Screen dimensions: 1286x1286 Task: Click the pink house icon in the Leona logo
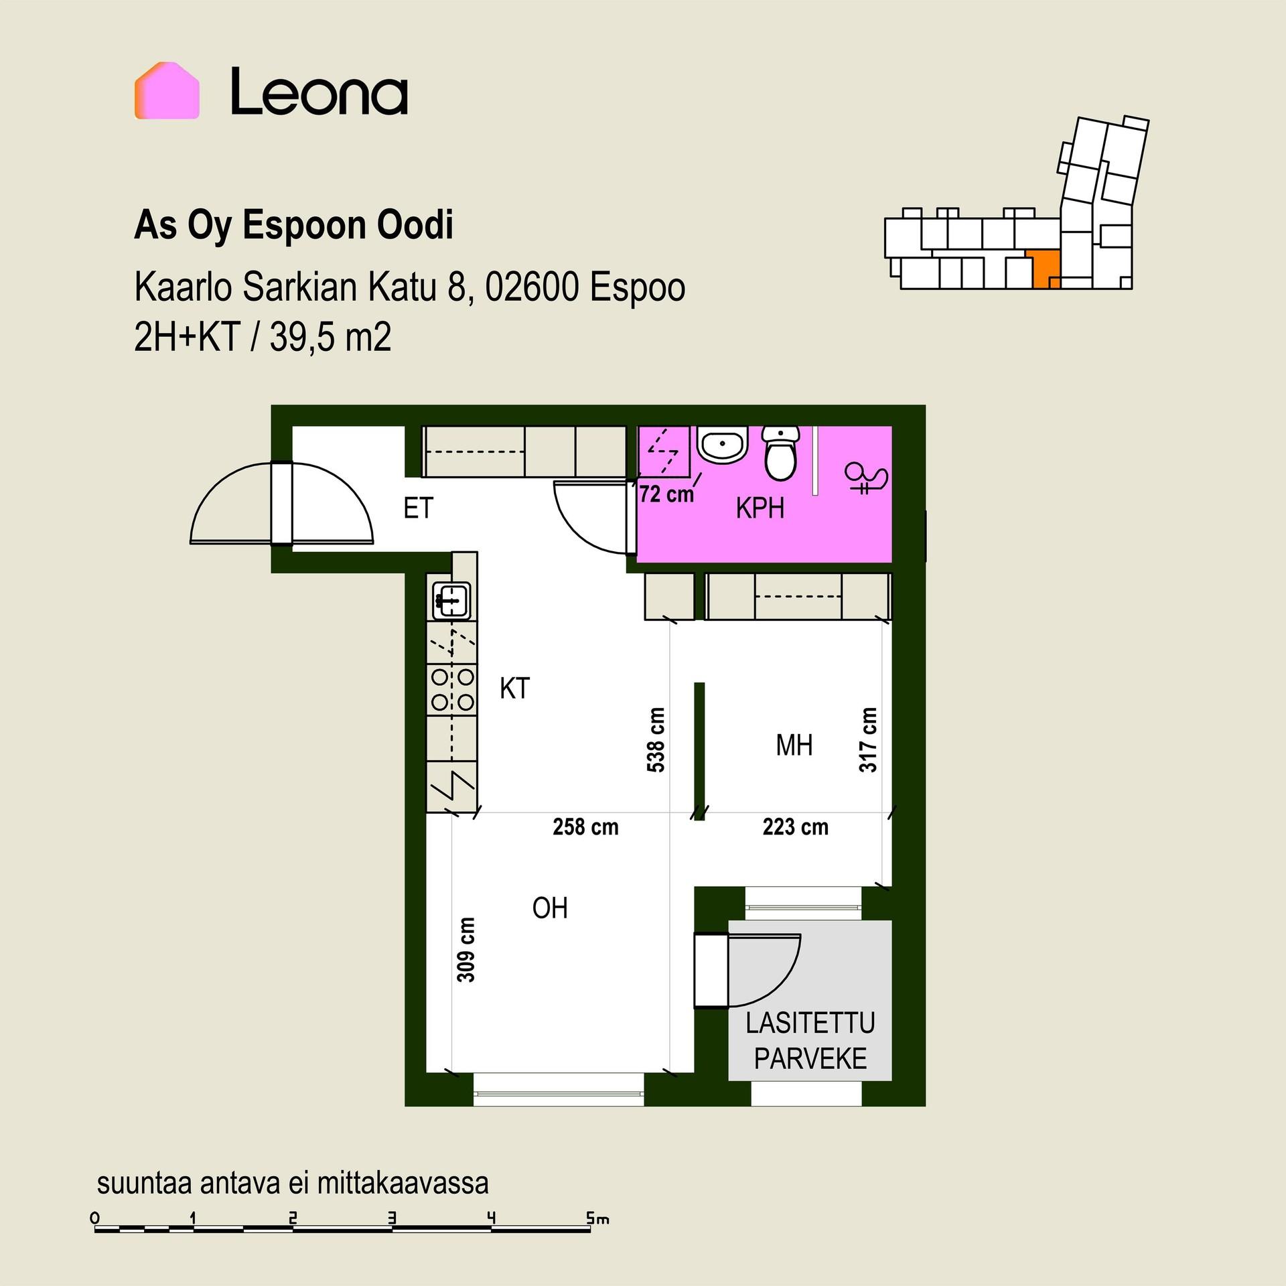tap(167, 90)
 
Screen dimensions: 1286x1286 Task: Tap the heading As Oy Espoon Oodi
tap(294, 225)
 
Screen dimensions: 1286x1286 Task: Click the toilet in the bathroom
tap(781, 453)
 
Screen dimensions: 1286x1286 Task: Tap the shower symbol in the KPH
tap(866, 478)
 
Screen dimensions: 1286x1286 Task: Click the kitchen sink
tap(451, 599)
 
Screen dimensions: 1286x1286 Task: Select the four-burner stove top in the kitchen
tap(453, 690)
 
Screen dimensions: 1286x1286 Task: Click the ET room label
tap(419, 508)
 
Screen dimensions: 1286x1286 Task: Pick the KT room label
tap(514, 689)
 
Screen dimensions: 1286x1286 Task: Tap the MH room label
tap(794, 745)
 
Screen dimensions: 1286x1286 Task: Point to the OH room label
tap(550, 908)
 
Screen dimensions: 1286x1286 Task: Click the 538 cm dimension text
tap(656, 740)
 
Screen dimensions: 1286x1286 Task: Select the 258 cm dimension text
tap(585, 827)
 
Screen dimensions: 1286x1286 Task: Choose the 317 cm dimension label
tap(868, 740)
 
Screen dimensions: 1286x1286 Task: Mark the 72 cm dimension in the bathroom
tap(666, 494)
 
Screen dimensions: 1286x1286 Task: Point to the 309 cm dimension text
tap(466, 949)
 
